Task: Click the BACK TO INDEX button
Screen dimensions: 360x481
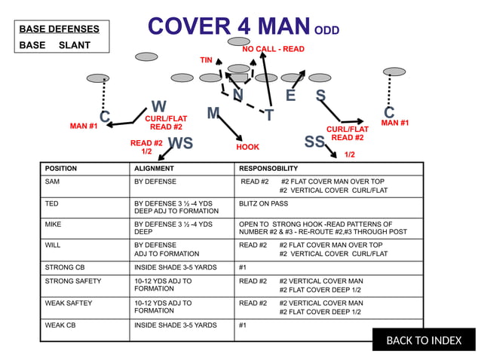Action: tap(424, 340)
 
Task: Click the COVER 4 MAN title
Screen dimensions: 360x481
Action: tap(228, 27)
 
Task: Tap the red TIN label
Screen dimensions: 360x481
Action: tap(206, 59)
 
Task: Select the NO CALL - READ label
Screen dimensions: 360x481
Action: tap(273, 49)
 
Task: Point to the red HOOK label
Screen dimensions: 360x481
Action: tap(247, 148)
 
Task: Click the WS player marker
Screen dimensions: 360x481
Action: tap(180, 143)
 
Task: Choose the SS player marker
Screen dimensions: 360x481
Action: tap(314, 142)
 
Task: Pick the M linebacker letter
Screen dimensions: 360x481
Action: tap(213, 113)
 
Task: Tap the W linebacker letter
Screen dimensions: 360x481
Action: tap(158, 106)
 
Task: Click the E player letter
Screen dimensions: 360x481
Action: tap(290, 96)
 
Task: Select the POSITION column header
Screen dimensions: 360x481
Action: tap(61, 169)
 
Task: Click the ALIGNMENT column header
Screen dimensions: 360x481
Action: tap(154, 169)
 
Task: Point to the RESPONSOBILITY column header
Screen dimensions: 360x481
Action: tap(268, 169)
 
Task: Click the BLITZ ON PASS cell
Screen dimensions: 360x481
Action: tap(263, 203)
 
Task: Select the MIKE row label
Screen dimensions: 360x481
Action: tap(53, 224)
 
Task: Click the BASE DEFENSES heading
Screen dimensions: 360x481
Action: tap(59, 29)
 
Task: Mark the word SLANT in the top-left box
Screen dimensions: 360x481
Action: tap(75, 45)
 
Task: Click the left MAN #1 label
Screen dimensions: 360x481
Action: tap(84, 127)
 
